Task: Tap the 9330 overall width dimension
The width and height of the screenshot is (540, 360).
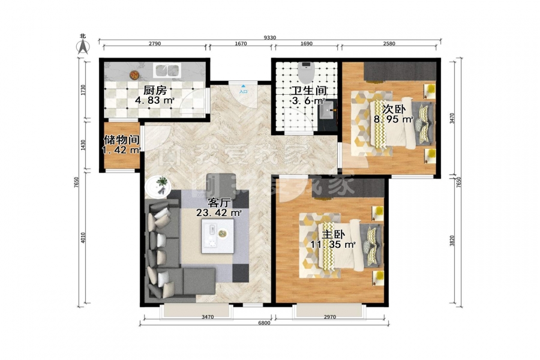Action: pyautogui.click(x=269, y=38)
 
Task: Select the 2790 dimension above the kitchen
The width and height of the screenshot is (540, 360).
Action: pyautogui.click(x=155, y=43)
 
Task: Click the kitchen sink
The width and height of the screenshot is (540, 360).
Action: pyautogui.click(x=167, y=70)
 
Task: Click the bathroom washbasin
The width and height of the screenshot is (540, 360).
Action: pyautogui.click(x=327, y=110)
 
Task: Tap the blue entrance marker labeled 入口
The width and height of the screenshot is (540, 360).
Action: pyautogui.click(x=243, y=89)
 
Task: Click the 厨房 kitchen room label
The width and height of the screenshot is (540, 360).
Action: pyautogui.click(x=155, y=90)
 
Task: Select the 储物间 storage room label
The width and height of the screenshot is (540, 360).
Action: pyautogui.click(x=122, y=140)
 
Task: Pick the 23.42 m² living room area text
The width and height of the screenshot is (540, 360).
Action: pyautogui.click(x=218, y=213)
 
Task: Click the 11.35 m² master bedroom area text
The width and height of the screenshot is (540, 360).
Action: pyautogui.click(x=332, y=245)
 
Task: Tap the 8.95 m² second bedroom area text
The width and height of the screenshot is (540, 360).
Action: pyautogui.click(x=393, y=119)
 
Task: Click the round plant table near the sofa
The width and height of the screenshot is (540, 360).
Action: pyautogui.click(x=158, y=187)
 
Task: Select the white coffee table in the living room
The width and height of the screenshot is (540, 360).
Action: pyautogui.click(x=218, y=236)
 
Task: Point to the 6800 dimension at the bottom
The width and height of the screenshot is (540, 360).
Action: pyautogui.click(x=264, y=323)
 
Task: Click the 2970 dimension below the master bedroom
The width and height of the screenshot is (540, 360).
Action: pyautogui.click(x=329, y=317)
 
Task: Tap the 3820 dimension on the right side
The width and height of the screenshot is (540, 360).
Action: pyautogui.click(x=452, y=241)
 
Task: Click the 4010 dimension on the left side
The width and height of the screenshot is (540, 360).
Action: pyautogui.click(x=83, y=238)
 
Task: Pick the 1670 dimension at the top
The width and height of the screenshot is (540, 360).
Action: pyautogui.click(x=241, y=43)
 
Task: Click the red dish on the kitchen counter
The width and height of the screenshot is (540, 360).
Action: pyautogui.click(x=134, y=74)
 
